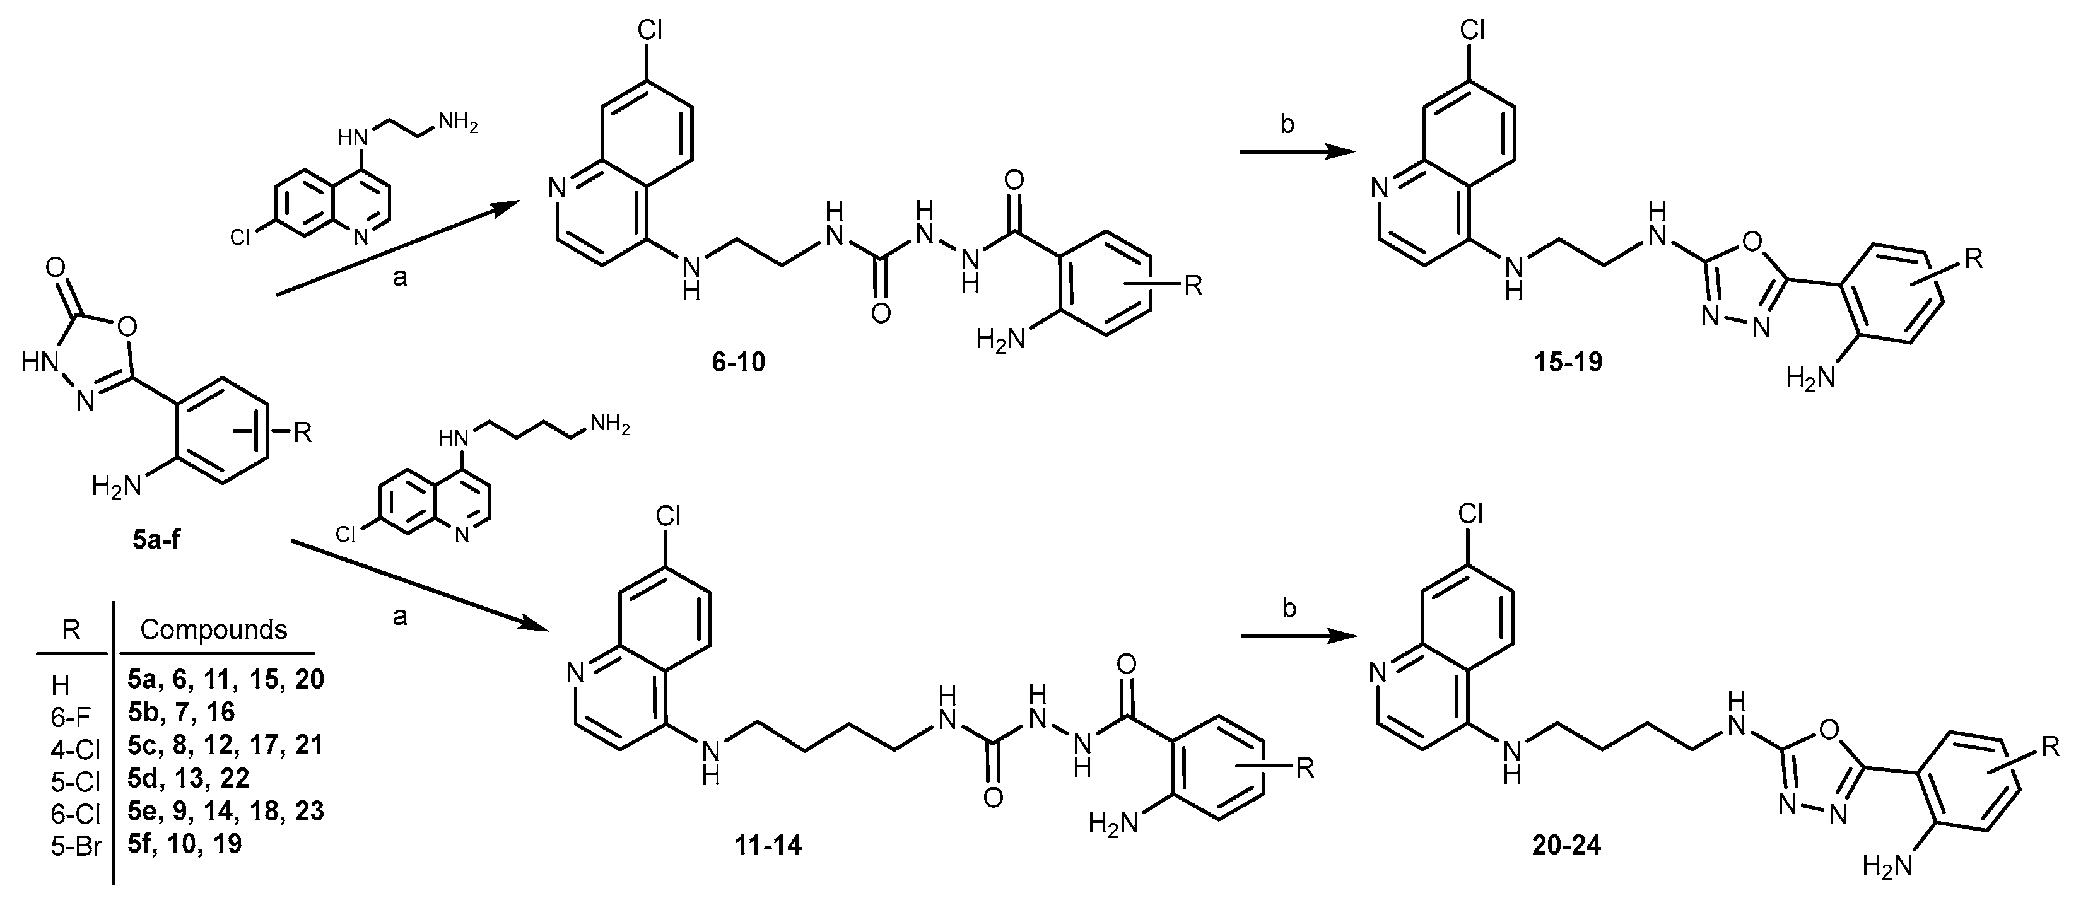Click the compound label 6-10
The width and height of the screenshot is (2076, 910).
click(x=737, y=362)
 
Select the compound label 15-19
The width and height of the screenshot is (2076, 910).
click(x=1568, y=362)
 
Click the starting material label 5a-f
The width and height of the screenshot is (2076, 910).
click(x=156, y=539)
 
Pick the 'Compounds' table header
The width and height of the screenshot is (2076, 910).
click(x=214, y=629)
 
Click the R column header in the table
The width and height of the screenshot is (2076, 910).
click(x=71, y=629)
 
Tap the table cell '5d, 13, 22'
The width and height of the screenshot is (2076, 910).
click(x=189, y=777)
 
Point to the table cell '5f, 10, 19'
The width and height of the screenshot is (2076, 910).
click(x=185, y=843)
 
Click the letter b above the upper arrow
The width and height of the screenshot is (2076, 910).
click(x=1287, y=125)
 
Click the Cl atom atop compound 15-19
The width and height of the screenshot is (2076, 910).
click(x=1472, y=32)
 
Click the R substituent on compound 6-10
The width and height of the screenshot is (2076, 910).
click(x=1193, y=285)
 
